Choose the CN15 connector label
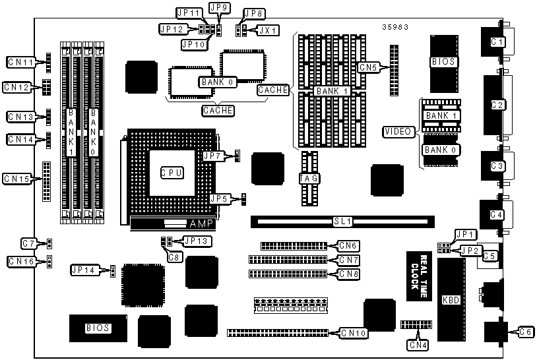click(16, 178)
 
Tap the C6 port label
click(525, 332)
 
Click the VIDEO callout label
click(399, 132)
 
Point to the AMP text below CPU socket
click(201, 224)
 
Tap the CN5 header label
click(367, 67)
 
